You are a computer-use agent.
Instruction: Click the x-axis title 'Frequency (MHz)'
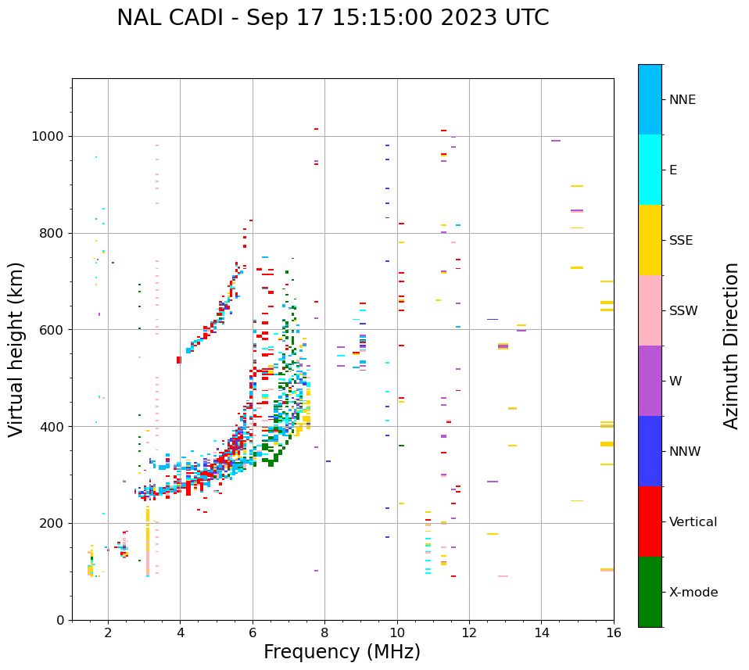tap(342, 652)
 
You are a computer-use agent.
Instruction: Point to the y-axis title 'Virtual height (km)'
tap(16, 349)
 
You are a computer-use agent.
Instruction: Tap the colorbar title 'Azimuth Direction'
tap(731, 346)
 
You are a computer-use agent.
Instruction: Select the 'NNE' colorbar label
tap(682, 100)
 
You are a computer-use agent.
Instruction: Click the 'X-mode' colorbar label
tap(693, 593)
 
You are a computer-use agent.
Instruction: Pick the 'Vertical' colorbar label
tap(693, 522)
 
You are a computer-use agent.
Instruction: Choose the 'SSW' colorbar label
tap(683, 311)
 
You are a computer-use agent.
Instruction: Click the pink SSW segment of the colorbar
tap(650, 310)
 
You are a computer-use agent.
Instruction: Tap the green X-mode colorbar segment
tap(650, 592)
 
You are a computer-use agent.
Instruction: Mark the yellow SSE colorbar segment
tap(650, 240)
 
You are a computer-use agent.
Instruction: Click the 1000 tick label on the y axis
tap(48, 137)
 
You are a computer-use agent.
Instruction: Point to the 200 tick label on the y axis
tap(52, 524)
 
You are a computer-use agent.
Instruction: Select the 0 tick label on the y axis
tap(60, 620)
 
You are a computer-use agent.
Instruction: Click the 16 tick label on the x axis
tap(614, 632)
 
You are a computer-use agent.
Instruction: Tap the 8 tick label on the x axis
tap(324, 632)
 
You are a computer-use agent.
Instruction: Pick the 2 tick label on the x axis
tap(108, 632)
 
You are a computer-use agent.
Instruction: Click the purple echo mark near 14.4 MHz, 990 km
tap(556, 141)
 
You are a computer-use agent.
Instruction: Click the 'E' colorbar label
tap(673, 170)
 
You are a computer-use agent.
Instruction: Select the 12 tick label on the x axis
tap(469, 632)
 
